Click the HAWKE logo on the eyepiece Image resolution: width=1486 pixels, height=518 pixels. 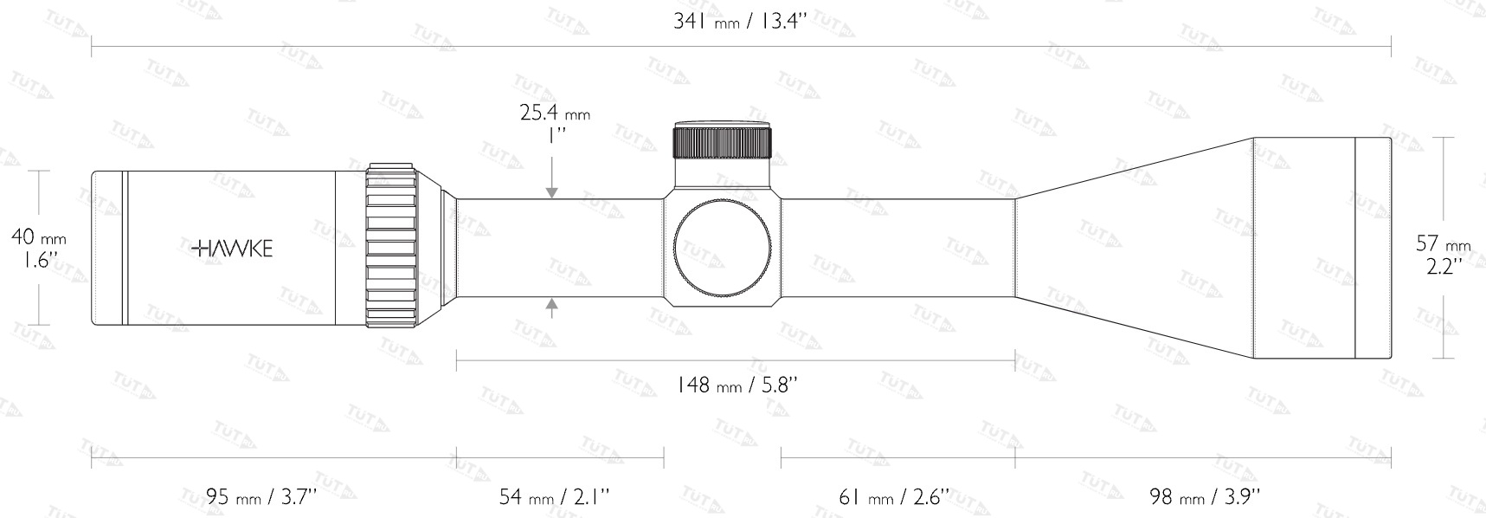[232, 249]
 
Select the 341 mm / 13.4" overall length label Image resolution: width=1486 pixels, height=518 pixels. [740, 21]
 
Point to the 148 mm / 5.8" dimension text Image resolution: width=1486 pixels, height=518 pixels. [737, 384]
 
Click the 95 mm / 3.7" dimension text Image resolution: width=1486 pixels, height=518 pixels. [261, 496]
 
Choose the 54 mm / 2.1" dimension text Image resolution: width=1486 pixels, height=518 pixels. [555, 496]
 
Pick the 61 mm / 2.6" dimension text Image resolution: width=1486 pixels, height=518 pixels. [894, 496]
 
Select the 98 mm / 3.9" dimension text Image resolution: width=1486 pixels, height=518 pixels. [1204, 496]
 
